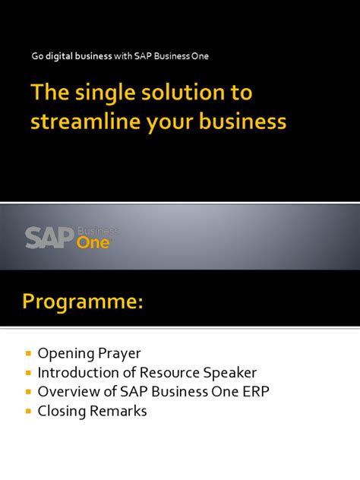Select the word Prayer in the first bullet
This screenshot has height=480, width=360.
(x=120, y=353)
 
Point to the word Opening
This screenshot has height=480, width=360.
(x=65, y=353)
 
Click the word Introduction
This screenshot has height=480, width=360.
(x=79, y=372)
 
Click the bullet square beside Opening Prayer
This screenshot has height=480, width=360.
(x=28, y=353)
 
